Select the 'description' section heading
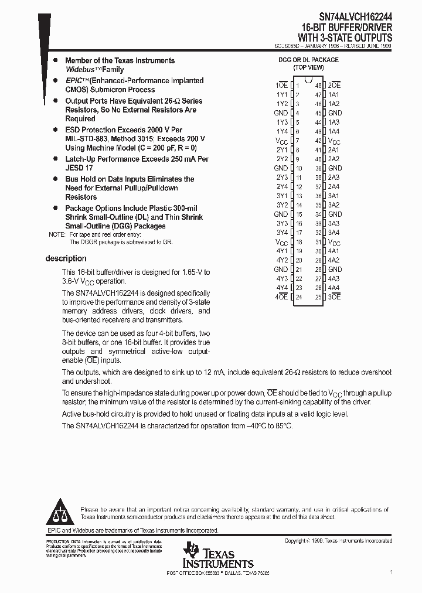click(x=66, y=258)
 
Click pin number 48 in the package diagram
click(x=318, y=85)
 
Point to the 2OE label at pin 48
click(x=334, y=85)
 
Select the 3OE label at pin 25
click(x=334, y=297)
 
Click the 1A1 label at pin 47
click(x=333, y=94)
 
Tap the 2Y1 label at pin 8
click(x=281, y=149)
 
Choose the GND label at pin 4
click(x=281, y=113)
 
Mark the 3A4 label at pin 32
click(x=333, y=233)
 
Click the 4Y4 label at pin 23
click(x=281, y=288)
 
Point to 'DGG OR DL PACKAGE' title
click(x=308, y=60)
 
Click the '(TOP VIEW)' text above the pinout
click(x=308, y=67)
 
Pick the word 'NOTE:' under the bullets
click(x=57, y=234)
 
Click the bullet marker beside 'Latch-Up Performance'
click(x=55, y=159)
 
